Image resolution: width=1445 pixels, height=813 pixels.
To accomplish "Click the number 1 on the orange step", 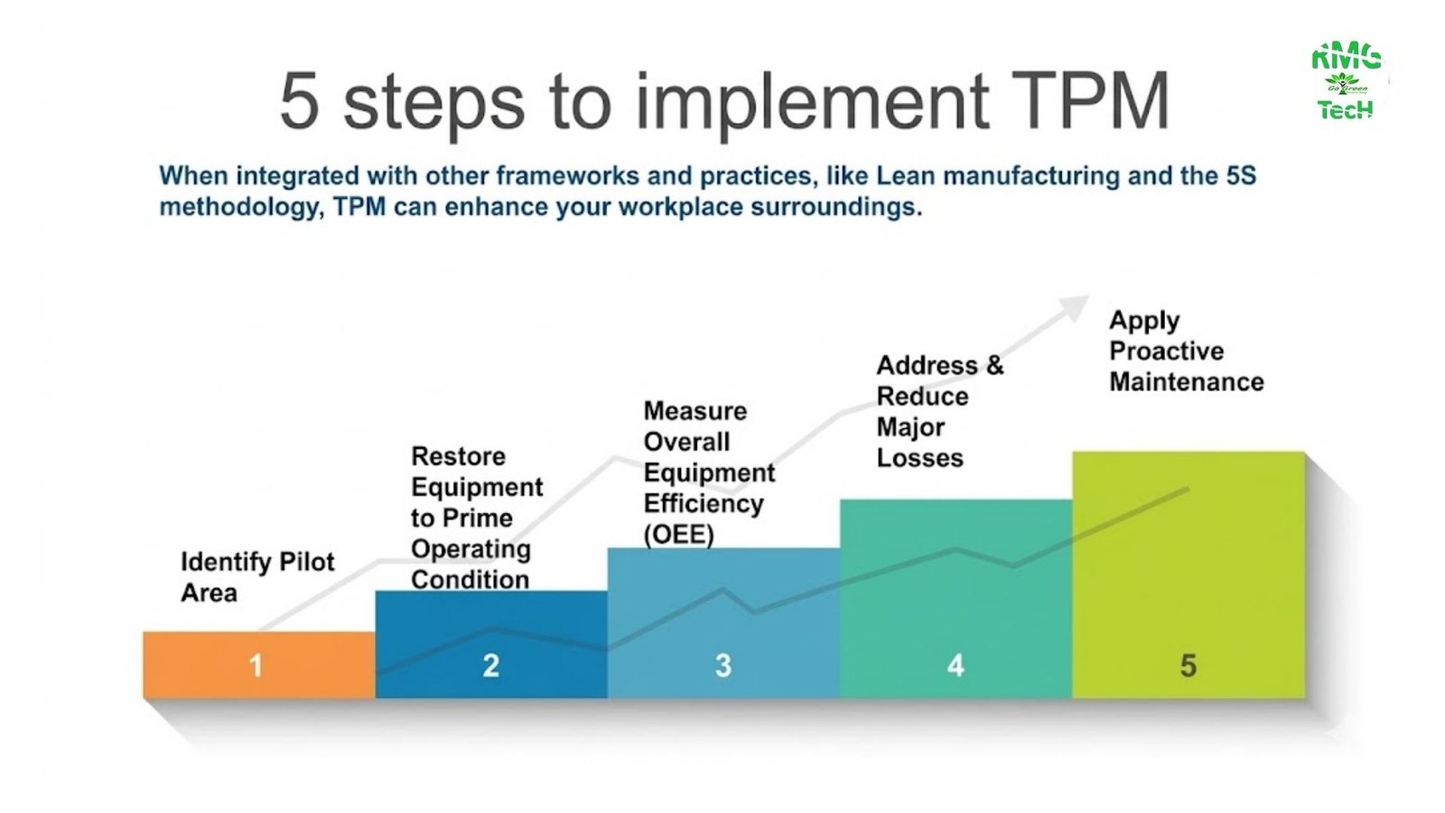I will (x=256, y=666).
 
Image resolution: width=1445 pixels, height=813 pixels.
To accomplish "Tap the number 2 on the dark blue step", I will (x=490, y=666).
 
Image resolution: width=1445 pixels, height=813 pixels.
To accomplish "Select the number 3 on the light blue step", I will (x=723, y=666).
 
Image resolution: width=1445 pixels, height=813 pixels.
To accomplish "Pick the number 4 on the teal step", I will (x=956, y=666).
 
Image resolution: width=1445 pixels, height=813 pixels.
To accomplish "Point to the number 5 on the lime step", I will (x=1189, y=666).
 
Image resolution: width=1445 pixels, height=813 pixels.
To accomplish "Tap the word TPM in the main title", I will (x=1089, y=101).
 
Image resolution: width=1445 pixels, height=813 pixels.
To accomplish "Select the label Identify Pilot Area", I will (x=257, y=576).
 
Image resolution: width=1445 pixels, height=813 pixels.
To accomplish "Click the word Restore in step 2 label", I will (x=458, y=456).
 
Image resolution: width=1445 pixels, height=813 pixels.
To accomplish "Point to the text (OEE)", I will (x=678, y=535).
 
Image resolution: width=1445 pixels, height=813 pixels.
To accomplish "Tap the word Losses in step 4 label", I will (x=919, y=458).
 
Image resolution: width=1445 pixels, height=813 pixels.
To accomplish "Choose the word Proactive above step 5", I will (x=1166, y=350).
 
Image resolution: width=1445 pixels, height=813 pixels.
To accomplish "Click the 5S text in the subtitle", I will (x=1240, y=175).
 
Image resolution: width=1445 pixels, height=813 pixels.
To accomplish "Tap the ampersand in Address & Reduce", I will (x=994, y=365).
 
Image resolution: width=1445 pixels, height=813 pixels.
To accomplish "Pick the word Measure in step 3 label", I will (x=695, y=411).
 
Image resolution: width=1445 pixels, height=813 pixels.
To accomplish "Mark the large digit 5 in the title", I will (x=300, y=101).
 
